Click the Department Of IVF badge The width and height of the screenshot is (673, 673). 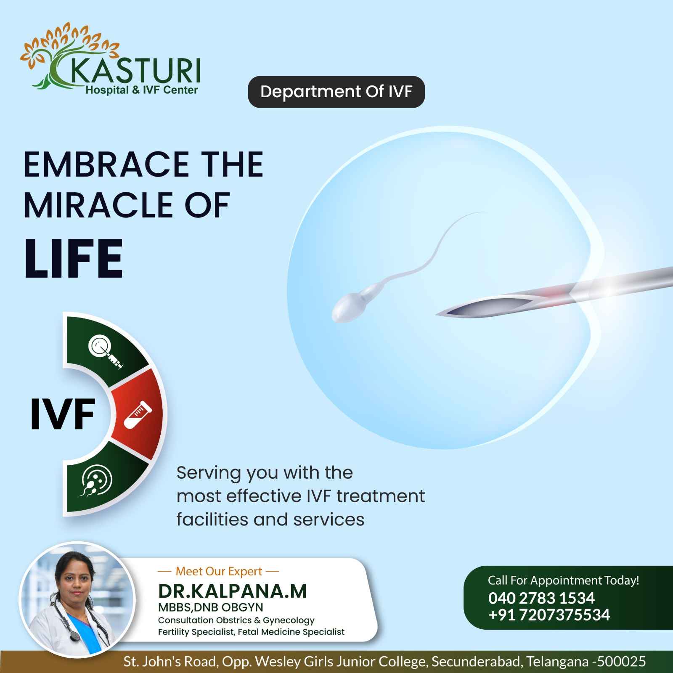click(x=336, y=92)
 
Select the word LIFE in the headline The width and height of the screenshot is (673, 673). click(x=74, y=258)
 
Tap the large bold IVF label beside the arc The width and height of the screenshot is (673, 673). click(x=63, y=415)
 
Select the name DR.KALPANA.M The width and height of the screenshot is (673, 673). click(x=233, y=591)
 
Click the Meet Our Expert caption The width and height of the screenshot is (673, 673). click(x=219, y=571)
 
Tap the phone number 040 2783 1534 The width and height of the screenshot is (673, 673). click(x=541, y=598)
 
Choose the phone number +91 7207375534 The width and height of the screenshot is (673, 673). click(x=549, y=615)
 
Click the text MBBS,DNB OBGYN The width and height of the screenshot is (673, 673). click(x=210, y=607)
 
